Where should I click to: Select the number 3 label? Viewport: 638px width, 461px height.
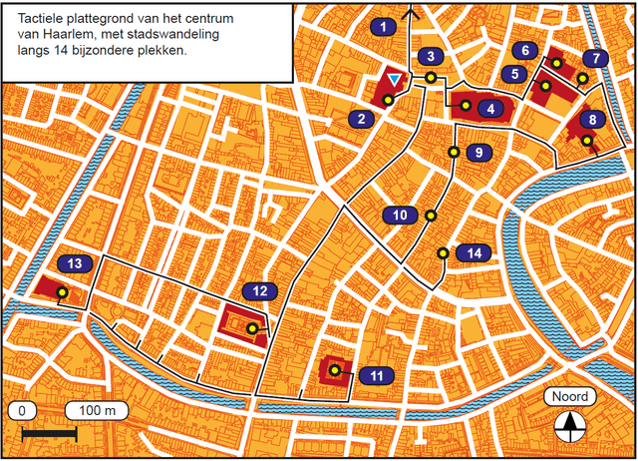[430, 56]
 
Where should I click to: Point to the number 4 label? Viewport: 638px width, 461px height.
[489, 108]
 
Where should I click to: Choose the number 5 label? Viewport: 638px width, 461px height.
[513, 73]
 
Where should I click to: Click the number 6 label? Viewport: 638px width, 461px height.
[524, 50]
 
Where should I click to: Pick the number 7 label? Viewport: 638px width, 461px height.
[596, 58]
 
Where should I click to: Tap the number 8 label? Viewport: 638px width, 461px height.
[593, 120]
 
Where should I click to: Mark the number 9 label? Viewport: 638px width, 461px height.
[478, 152]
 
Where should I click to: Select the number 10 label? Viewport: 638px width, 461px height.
[398, 216]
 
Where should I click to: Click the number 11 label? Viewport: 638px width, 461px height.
[376, 375]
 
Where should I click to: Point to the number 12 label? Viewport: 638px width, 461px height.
[259, 291]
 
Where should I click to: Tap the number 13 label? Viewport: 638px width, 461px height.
[76, 263]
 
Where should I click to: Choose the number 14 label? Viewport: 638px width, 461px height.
[475, 252]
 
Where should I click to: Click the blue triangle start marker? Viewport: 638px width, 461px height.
[396, 80]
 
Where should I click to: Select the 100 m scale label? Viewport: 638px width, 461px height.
[97, 410]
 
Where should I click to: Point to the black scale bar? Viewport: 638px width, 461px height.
[49, 434]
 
